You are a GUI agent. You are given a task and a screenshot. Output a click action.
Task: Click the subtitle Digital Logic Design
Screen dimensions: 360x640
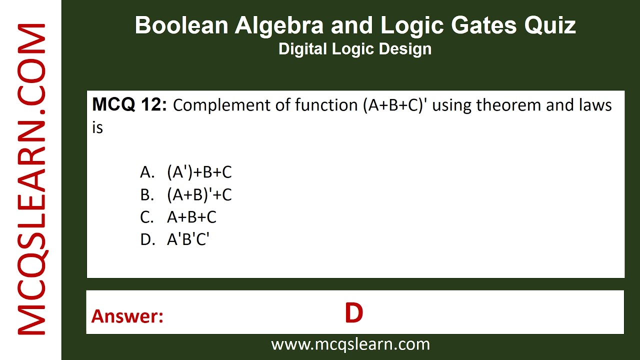tap(355, 49)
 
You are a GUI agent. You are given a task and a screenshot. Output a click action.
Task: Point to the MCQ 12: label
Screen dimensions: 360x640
tap(129, 105)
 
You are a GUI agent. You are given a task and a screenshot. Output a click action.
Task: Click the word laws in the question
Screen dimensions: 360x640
tap(595, 105)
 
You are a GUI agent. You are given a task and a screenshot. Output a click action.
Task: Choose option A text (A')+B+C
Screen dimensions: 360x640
tap(199, 172)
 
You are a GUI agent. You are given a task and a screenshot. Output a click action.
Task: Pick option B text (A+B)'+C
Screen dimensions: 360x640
tap(199, 195)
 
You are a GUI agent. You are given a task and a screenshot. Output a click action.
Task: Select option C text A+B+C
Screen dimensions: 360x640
tap(191, 217)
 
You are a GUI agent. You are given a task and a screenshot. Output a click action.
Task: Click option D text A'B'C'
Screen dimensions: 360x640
tap(188, 239)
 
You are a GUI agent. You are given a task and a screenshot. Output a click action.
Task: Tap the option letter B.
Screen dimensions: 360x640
tap(146, 195)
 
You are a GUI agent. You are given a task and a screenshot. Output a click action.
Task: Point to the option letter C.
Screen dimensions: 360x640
tap(146, 217)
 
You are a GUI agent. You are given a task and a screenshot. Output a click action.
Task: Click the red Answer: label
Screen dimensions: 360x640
tap(127, 316)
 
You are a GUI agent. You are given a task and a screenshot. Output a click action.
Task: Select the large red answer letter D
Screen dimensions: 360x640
tap(353, 313)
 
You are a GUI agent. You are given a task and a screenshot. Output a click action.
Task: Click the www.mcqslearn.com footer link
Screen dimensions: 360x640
tap(350, 344)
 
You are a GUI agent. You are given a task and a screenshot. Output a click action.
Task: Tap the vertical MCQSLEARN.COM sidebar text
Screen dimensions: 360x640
tap(32, 180)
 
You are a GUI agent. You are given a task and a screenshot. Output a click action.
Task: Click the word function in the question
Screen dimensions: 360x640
tap(324, 105)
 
